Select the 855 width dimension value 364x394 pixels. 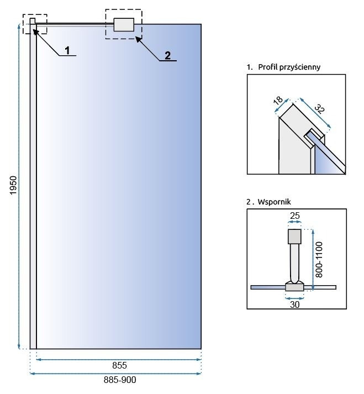coord(119,366)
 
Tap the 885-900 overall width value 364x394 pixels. coord(119,380)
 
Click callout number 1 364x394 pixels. coord(67,50)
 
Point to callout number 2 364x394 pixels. coord(167,55)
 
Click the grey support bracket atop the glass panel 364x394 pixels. coord(124,25)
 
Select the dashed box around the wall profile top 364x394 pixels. coord(35,24)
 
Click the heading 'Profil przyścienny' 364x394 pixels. coord(289,67)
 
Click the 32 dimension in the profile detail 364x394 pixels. coord(320,109)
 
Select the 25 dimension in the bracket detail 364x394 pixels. coord(295,214)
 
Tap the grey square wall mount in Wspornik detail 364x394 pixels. coord(295,237)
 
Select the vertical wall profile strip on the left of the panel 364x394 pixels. coord(33,188)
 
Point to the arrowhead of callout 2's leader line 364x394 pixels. coord(138,38)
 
